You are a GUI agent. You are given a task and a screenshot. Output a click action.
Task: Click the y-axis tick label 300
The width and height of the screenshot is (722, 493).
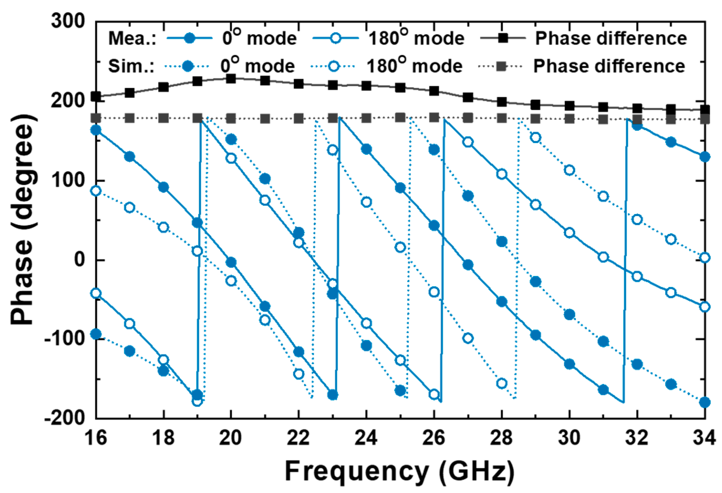click(68, 21)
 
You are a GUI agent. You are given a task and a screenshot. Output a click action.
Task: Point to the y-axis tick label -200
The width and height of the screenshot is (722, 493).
click(64, 417)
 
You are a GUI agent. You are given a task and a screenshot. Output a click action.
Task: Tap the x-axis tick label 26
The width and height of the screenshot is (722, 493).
click(434, 438)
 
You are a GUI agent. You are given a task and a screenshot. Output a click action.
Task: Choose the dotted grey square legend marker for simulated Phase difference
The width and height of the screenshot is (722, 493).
click(501, 66)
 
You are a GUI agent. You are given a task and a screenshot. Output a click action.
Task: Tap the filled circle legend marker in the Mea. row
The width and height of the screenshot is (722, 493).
click(189, 38)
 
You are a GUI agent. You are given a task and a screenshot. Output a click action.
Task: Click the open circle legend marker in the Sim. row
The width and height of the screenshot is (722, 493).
click(333, 66)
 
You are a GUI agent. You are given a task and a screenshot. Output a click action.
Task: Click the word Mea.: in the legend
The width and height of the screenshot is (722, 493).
click(132, 39)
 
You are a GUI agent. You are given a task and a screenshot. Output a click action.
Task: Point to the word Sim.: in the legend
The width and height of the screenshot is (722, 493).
click(131, 66)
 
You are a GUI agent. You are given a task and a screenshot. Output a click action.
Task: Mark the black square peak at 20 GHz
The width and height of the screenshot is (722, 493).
click(231, 78)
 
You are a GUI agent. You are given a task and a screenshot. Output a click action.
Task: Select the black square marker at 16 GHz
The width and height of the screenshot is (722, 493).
click(96, 97)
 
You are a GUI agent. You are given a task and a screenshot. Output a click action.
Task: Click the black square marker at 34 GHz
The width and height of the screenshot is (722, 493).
click(705, 110)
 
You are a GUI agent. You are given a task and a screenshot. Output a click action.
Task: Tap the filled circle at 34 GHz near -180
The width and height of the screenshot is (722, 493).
click(705, 402)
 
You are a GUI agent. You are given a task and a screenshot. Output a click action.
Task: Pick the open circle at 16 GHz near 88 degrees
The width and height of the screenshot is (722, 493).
click(96, 191)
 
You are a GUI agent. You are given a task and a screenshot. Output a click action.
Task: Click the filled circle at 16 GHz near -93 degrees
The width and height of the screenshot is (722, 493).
click(96, 334)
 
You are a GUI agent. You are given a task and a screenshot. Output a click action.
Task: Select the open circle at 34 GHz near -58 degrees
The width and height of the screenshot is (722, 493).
click(705, 307)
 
